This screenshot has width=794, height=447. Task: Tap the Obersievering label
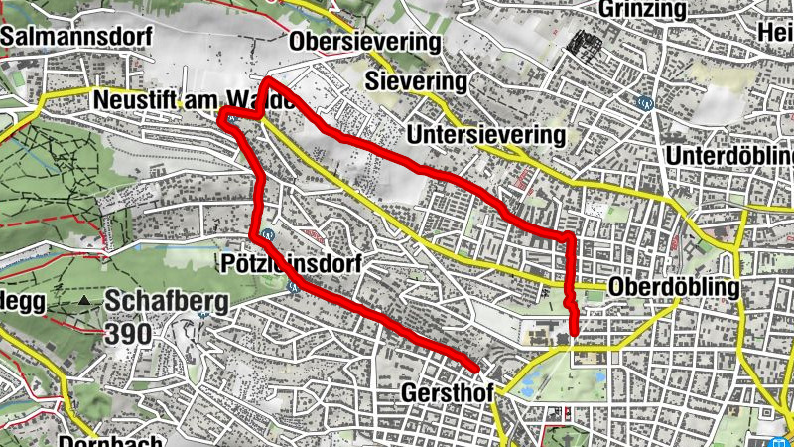click(x=364, y=43)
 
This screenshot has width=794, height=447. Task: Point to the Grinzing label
click(x=643, y=10)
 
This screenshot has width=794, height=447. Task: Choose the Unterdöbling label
click(x=731, y=158)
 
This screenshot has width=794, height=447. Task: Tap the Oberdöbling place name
click(x=675, y=288)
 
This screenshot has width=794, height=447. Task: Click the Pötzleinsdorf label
click(x=288, y=265)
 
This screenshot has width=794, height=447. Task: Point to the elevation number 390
click(x=131, y=332)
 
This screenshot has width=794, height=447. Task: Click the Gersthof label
click(x=443, y=393)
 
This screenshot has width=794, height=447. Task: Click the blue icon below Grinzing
click(x=646, y=100)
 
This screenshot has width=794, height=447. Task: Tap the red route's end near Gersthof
click(x=475, y=367)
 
